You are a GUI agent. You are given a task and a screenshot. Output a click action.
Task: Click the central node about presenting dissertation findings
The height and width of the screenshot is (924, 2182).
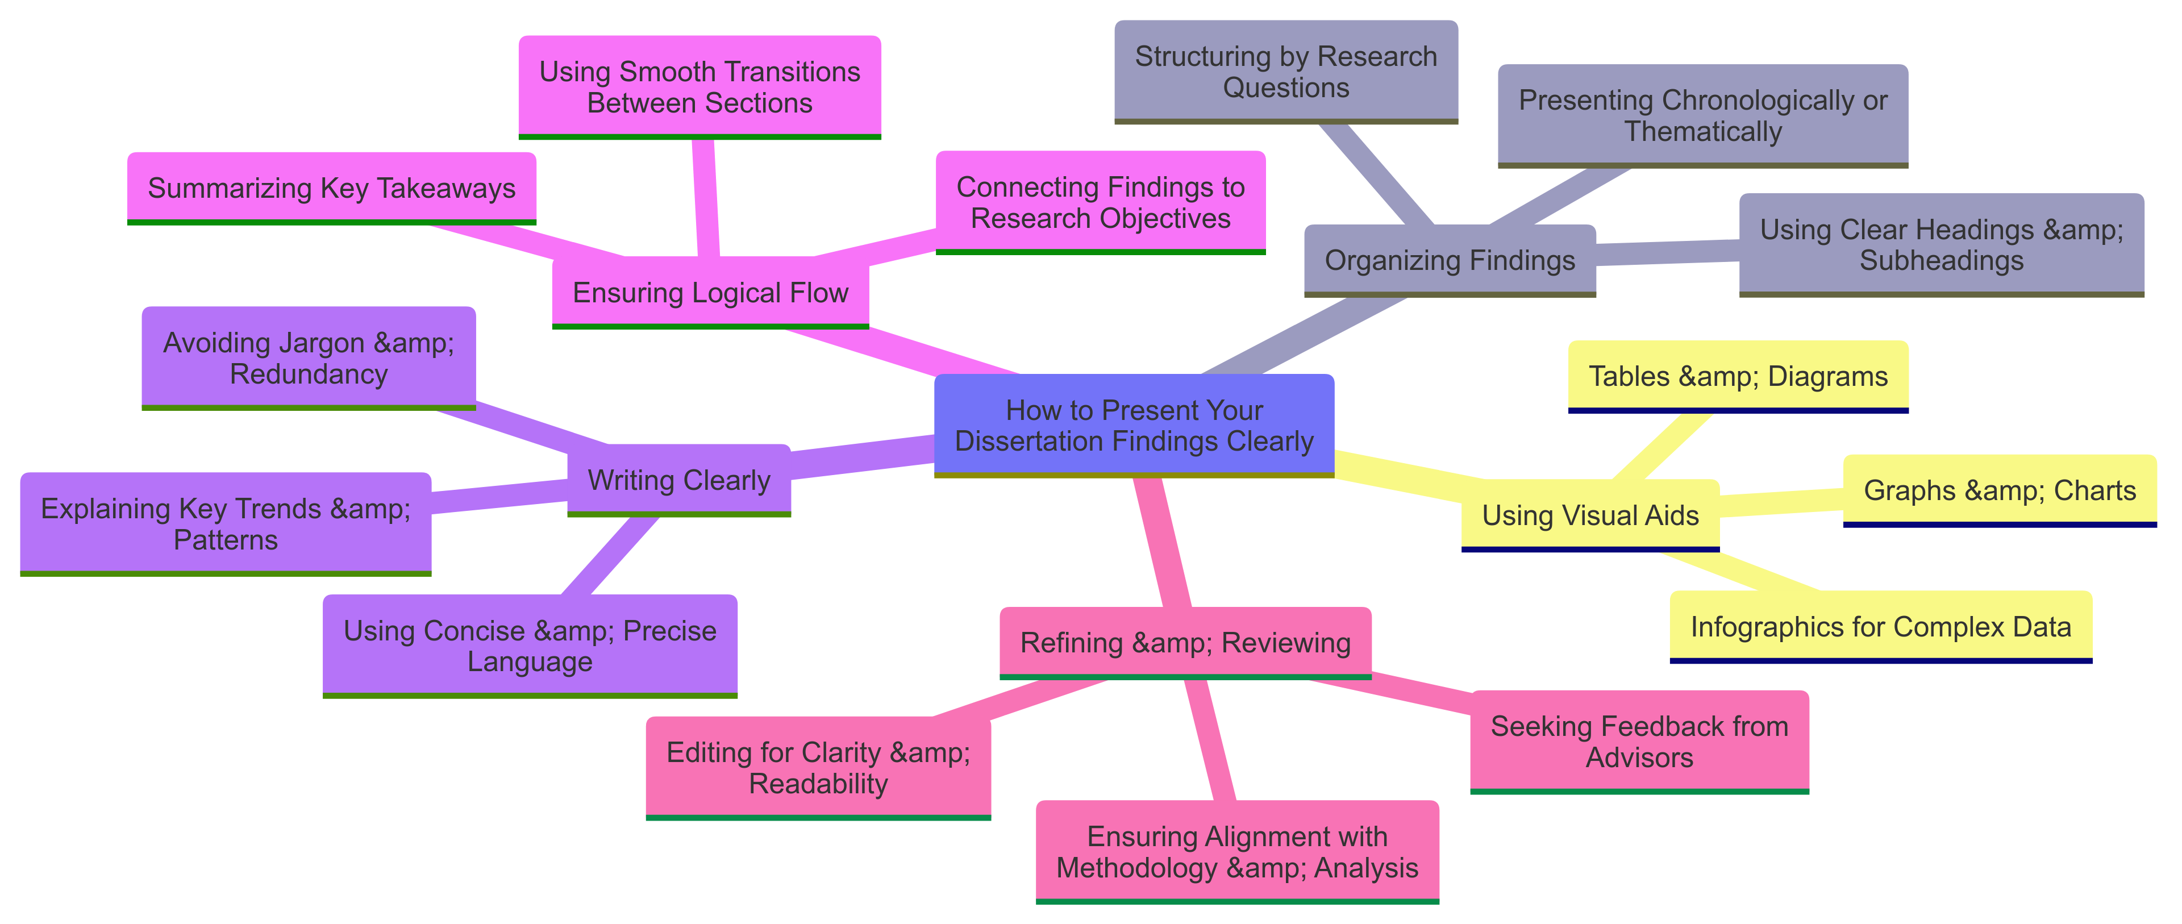[1134, 425]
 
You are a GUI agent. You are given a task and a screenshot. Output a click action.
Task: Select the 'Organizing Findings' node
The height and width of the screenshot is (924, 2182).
[1450, 260]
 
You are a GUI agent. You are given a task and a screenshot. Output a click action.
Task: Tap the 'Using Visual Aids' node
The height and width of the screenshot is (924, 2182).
[1590, 515]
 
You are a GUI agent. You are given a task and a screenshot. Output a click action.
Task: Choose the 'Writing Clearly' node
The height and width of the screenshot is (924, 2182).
[678, 480]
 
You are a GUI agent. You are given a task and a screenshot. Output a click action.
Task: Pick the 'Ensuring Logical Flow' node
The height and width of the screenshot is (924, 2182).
[710, 292]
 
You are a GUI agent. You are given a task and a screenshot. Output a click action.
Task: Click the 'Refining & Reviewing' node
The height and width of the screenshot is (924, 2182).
[1185, 642]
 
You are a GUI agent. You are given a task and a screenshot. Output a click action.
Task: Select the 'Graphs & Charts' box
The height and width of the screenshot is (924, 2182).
[1999, 490]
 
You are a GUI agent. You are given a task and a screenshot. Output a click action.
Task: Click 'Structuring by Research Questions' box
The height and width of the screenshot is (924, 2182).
[1286, 72]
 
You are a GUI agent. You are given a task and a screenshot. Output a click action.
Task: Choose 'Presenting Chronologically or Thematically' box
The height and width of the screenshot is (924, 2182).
[1702, 115]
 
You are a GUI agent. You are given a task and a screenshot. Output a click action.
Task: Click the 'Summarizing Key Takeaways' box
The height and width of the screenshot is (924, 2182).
[331, 188]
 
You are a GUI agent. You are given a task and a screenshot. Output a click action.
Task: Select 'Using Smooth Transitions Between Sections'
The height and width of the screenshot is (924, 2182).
[699, 86]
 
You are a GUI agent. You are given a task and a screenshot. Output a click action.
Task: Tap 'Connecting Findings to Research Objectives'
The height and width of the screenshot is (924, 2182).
[1100, 202]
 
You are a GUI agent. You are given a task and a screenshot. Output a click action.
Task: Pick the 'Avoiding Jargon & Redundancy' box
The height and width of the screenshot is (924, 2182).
[309, 357]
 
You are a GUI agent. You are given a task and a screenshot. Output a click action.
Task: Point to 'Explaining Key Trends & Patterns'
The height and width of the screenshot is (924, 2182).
[226, 523]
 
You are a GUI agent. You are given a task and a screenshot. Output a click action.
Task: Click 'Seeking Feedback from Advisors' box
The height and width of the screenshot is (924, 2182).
[1639, 741]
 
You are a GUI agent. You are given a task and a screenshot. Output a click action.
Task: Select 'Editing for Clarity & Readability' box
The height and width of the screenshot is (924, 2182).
[818, 767]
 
